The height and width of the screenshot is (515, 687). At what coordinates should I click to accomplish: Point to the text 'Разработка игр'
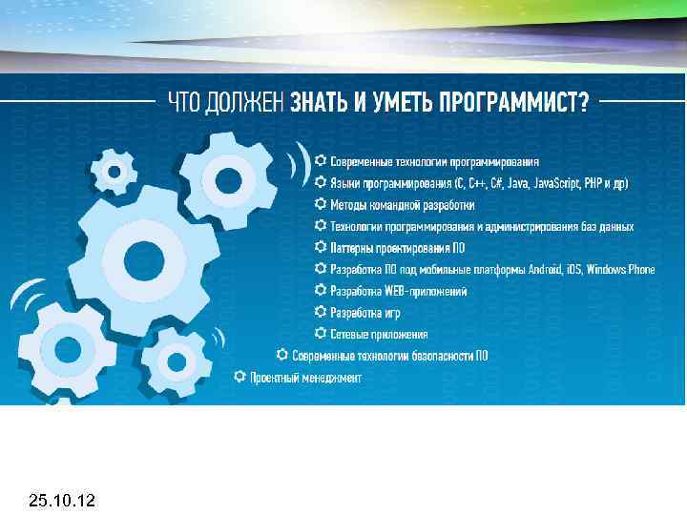(x=365, y=312)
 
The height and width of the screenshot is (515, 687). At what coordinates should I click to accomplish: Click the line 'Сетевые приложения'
(x=378, y=334)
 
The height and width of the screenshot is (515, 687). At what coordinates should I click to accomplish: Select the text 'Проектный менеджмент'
(x=305, y=378)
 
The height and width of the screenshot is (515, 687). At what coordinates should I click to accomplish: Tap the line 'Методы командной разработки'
(x=402, y=204)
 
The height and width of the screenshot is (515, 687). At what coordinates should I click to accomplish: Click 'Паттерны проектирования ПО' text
(x=397, y=247)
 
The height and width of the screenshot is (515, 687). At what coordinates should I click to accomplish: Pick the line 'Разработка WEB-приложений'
(x=398, y=290)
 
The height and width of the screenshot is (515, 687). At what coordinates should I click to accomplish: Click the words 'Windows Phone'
(x=621, y=269)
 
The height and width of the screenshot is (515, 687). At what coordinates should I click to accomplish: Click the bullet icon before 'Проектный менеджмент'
(x=239, y=377)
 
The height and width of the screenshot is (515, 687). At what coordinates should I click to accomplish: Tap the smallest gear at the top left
(x=114, y=172)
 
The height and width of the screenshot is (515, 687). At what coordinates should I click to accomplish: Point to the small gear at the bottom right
(x=175, y=362)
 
